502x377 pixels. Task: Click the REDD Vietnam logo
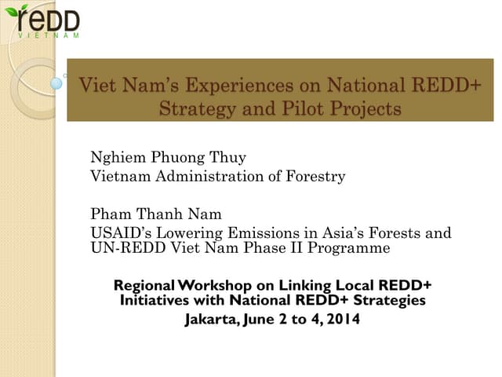47,22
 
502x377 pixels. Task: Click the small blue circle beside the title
56,82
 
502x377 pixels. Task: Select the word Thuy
227,157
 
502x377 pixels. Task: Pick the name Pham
111,214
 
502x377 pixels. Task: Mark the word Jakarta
213,320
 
